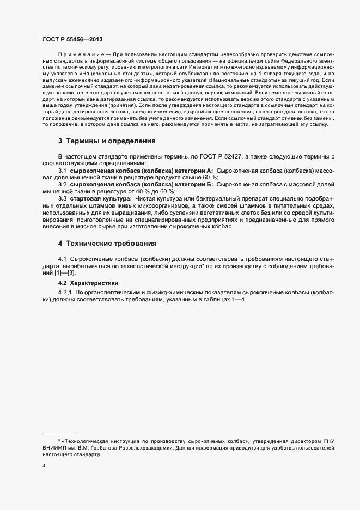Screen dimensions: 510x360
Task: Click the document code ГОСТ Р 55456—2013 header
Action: pos(72,40)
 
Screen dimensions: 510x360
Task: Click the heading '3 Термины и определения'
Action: pos(107,141)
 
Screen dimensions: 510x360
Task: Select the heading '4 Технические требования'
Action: pos(108,242)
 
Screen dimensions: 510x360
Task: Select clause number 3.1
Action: pos(63,171)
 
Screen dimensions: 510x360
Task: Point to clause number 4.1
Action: pos(63,258)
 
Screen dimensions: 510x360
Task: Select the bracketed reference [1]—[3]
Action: pos(64,272)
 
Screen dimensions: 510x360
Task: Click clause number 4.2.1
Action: pos(65,293)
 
